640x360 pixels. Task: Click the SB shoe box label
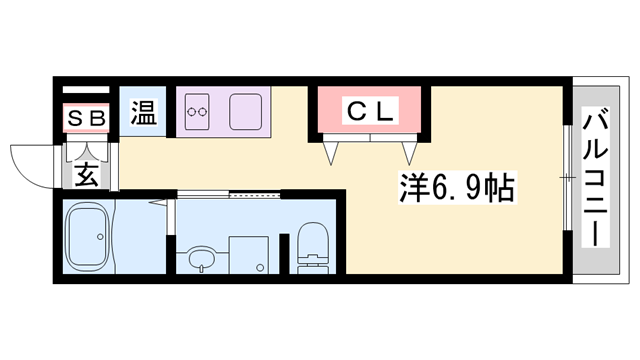86,118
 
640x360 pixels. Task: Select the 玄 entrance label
86,175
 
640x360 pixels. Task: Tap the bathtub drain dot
100,237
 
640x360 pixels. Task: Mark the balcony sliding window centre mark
568,178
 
